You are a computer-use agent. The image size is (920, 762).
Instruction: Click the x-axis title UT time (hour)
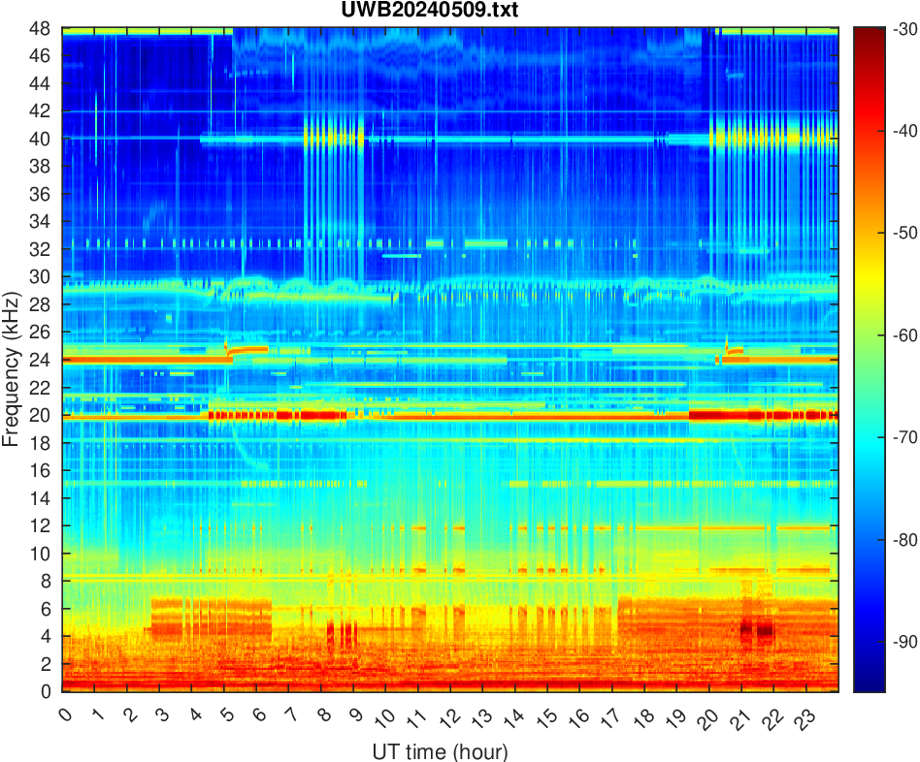[441, 751]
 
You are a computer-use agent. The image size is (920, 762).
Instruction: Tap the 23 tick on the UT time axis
[803, 717]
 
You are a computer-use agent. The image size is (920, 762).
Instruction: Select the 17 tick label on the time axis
[609, 717]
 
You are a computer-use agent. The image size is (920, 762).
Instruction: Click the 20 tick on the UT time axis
[706, 717]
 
